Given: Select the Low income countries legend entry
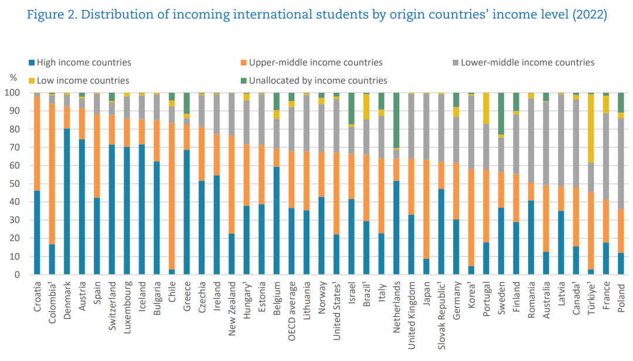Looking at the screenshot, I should tap(83, 80).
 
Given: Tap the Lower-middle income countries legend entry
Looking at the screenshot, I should tap(527, 62).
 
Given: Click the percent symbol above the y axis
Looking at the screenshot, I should tap(13, 77).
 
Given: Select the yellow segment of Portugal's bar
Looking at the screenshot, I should tap(485, 108).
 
